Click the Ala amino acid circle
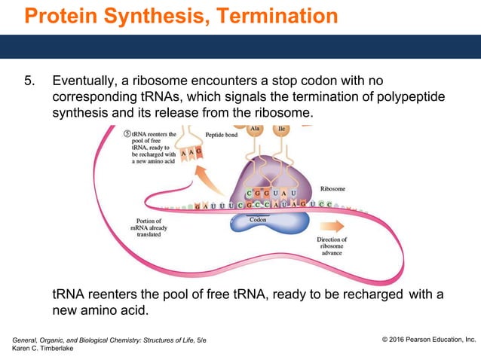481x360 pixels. [x=256, y=129]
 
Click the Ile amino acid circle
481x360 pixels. [x=283, y=129]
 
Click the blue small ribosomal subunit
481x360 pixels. [x=279, y=223]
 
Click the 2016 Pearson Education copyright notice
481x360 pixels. [x=428, y=340]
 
